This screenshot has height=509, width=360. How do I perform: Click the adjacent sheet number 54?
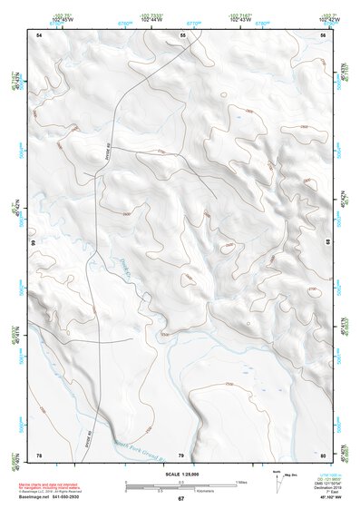[39, 34]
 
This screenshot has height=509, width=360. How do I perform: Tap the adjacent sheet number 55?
[182, 34]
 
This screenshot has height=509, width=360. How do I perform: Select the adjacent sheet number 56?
[323, 34]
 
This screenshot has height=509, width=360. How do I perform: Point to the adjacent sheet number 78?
[39, 454]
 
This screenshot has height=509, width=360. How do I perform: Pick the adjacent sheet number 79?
[180, 454]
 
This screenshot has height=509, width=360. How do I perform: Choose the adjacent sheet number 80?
[323, 454]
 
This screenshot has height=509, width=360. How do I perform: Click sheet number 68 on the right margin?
[327, 243]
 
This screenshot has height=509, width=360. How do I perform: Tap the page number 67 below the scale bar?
[180, 499]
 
